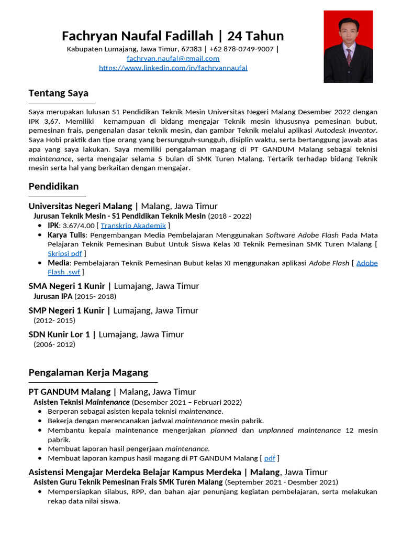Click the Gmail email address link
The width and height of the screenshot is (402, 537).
click(x=173, y=58)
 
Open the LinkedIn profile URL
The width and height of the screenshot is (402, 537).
click(x=173, y=68)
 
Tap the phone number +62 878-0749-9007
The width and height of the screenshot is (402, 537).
click(x=241, y=49)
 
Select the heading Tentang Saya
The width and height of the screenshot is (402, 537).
click(x=58, y=93)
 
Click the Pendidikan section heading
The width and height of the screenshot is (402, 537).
click(x=53, y=186)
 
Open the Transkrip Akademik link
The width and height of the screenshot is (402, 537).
click(x=133, y=225)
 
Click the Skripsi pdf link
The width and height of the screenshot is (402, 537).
click(x=65, y=253)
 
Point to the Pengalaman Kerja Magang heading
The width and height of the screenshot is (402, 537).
click(x=88, y=372)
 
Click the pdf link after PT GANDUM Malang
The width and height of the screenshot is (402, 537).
click(x=270, y=458)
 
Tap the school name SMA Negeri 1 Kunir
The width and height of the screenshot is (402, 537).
click(x=66, y=286)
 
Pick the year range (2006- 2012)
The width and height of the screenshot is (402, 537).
click(x=54, y=345)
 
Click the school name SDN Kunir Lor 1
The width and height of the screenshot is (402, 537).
click(x=59, y=334)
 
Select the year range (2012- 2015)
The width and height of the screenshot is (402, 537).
click(x=54, y=320)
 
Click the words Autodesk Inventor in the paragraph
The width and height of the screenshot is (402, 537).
click(x=345, y=130)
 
